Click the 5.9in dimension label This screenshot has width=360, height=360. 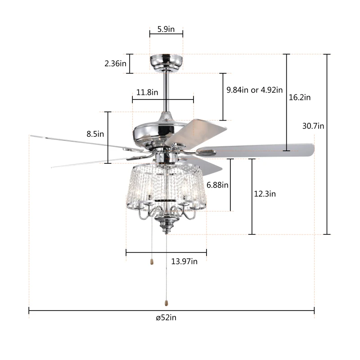166,29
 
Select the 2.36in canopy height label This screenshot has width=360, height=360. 115,64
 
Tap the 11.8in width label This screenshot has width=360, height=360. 147,92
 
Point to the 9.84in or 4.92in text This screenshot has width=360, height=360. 254,90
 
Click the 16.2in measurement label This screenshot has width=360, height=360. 300,97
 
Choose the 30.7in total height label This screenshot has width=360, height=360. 313,126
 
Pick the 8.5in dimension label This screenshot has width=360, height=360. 95,134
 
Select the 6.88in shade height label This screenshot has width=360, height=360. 217,184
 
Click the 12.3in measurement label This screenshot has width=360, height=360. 265,194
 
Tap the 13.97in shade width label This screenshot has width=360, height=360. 184,261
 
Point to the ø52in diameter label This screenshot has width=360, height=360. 166,318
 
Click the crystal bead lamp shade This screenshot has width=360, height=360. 166,184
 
